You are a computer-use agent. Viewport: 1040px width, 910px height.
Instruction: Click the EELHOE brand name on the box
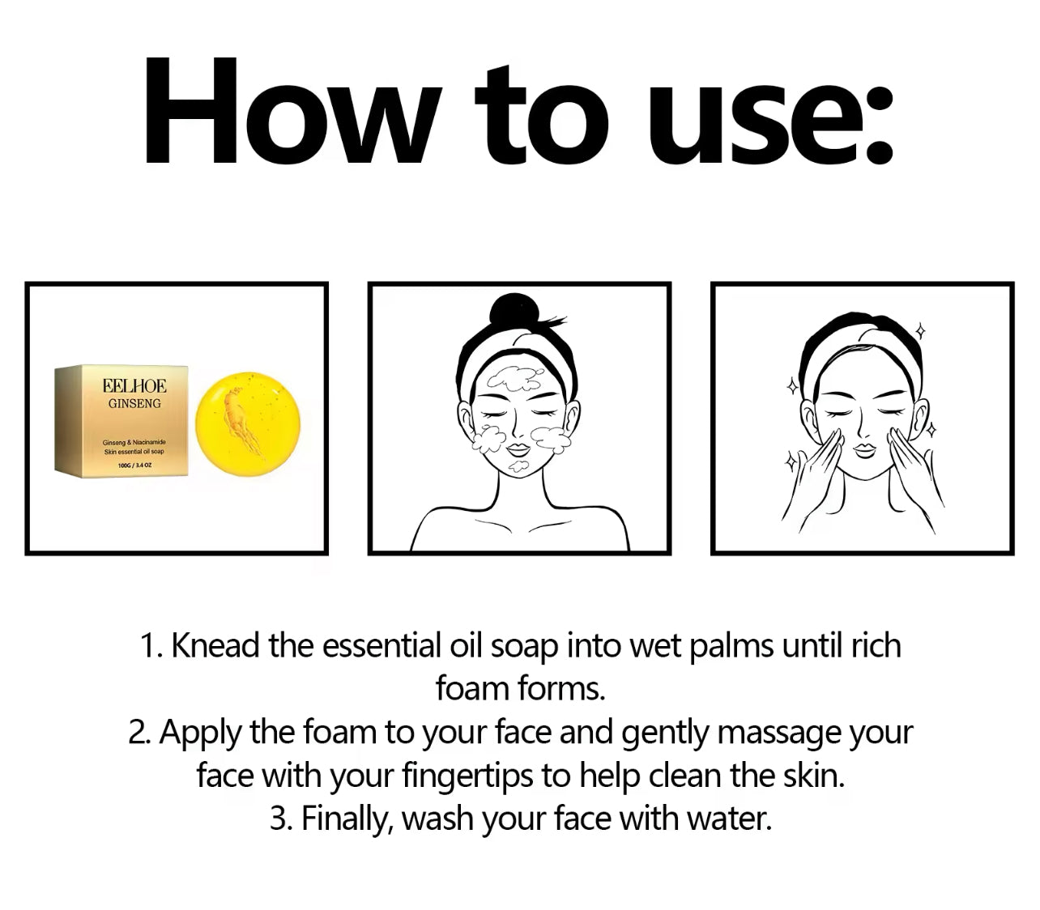pos(134,386)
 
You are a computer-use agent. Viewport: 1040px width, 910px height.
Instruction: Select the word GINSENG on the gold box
pos(134,403)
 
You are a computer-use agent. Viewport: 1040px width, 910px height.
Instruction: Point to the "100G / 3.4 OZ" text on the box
pos(134,465)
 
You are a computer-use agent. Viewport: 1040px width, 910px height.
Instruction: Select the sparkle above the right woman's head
pos(919,331)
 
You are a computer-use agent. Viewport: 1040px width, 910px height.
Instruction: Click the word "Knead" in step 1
pos(215,645)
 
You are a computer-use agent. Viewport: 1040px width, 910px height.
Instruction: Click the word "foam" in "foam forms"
pos(471,690)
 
